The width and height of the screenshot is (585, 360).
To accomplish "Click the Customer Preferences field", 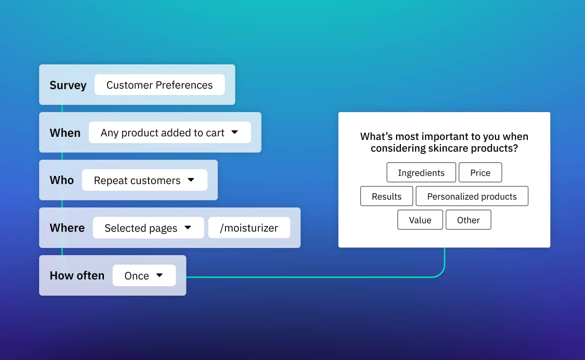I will (x=159, y=85).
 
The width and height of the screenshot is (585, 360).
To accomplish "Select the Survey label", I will (x=68, y=85).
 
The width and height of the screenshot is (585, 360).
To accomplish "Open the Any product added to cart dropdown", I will (x=169, y=133).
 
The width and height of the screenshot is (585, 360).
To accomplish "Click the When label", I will (x=65, y=133).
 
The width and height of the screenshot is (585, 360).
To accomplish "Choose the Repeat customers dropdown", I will (x=144, y=180).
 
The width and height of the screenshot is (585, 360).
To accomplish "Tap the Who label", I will (x=62, y=180).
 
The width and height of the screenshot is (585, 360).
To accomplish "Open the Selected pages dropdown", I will (x=148, y=228).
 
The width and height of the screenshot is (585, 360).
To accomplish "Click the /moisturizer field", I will (x=249, y=228).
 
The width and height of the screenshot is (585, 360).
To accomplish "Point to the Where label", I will (x=67, y=228).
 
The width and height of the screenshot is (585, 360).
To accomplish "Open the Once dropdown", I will (x=144, y=275).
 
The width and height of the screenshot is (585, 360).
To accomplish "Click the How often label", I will (x=77, y=275).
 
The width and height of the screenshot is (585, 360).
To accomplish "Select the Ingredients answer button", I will (x=421, y=173).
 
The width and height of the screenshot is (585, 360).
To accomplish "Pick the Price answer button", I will (x=480, y=173).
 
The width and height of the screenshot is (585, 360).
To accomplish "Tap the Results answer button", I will (x=387, y=197).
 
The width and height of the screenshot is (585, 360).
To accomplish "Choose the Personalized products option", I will (x=472, y=197).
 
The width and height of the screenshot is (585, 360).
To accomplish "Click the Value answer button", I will (x=420, y=220).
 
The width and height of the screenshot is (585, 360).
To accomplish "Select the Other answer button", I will (x=468, y=220).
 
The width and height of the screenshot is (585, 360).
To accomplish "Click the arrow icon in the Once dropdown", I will (x=159, y=275).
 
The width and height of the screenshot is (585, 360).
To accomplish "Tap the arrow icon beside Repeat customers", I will (x=191, y=180).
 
